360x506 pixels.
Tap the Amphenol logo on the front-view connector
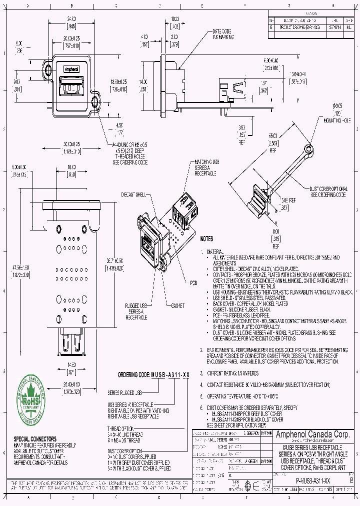click(x=72, y=69)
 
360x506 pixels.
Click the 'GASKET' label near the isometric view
click(x=178, y=305)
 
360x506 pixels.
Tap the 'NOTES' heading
click(x=207, y=239)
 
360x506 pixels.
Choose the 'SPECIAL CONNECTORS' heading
click(x=35, y=438)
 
